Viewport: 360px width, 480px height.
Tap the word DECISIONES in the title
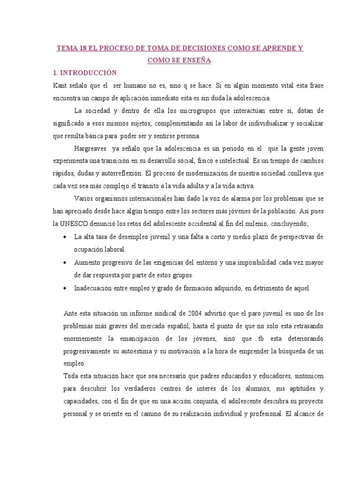(199, 48)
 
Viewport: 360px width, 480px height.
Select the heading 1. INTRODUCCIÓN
(85, 73)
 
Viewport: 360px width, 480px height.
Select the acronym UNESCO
(75, 223)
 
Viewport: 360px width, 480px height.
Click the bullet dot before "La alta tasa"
(64, 237)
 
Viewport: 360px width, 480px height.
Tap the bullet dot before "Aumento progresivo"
(64, 262)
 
